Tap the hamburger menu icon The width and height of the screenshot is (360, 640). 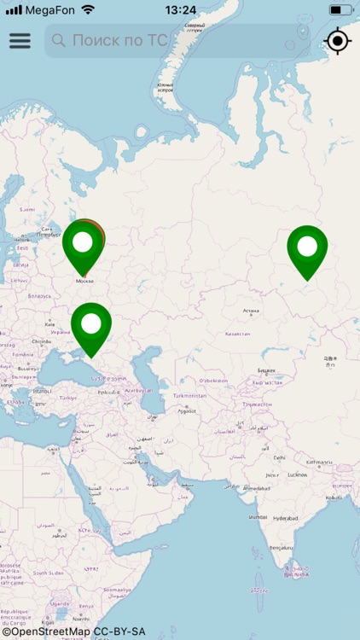click(x=20, y=41)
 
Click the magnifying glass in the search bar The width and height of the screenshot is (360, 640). click(x=59, y=40)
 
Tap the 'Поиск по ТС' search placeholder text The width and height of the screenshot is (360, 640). click(x=119, y=40)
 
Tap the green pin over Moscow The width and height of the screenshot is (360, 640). click(x=83, y=244)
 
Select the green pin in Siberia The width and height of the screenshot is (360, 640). click(x=307, y=248)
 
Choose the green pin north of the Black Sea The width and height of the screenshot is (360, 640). click(x=91, y=325)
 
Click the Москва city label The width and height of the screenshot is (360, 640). click(x=84, y=280)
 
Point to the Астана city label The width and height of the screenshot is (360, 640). click(x=251, y=311)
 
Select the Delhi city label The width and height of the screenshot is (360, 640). click(x=279, y=457)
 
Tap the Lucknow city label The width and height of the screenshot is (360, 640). click(x=298, y=474)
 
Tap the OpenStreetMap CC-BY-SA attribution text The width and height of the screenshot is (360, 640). click(x=73, y=632)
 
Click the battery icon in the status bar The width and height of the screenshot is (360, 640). click(x=340, y=10)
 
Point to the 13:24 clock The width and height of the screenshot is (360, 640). click(x=180, y=10)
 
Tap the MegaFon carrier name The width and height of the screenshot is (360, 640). click(x=50, y=10)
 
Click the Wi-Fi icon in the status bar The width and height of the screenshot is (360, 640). click(x=88, y=10)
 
